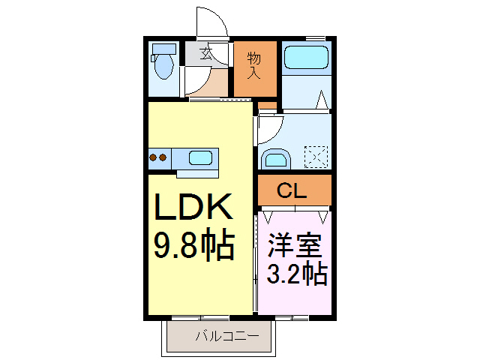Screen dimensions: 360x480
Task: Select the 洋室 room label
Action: pos(294,245)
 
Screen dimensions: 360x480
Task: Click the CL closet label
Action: pos(292,191)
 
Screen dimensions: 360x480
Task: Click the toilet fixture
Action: pos(163,64)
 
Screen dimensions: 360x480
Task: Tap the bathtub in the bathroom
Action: pos(306,58)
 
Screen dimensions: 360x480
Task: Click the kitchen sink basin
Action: pos(200,158)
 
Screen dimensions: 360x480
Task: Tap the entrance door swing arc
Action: pos(208,19)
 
